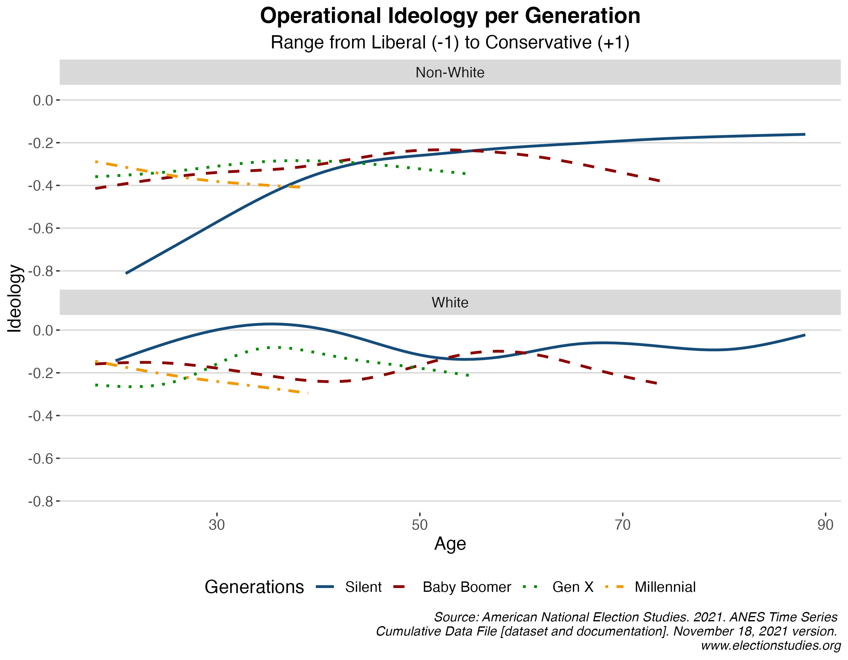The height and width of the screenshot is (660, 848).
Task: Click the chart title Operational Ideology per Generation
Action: [450, 16]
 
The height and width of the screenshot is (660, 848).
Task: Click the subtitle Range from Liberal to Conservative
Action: [450, 42]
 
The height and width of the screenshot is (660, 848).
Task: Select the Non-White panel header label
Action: [450, 73]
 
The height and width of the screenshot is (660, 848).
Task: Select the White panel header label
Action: [450, 303]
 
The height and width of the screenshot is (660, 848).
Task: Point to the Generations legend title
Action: [254, 587]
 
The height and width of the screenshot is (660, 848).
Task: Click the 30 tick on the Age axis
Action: [217, 525]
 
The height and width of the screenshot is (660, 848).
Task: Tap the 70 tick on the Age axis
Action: [622, 525]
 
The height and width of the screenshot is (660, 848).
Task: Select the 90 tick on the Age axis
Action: [825, 525]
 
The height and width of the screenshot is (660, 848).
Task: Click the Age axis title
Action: [450, 543]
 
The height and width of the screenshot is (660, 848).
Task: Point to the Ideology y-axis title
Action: [15, 298]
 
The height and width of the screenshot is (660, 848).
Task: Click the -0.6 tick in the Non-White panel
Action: [41, 228]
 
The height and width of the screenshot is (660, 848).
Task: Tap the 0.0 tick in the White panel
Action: [43, 331]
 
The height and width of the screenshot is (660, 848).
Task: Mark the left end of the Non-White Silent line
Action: [126, 273]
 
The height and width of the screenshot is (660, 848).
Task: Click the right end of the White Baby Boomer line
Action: [656, 384]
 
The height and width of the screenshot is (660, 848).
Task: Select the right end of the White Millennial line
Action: [308, 393]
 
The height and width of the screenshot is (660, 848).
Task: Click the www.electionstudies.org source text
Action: [770, 646]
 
